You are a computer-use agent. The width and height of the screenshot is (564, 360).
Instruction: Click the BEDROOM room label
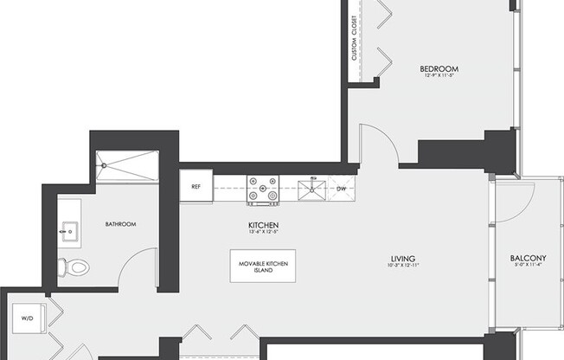point(439,68)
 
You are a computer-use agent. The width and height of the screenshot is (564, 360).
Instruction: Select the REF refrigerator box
point(196,185)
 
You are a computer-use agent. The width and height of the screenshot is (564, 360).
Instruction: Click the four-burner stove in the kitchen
point(262,190)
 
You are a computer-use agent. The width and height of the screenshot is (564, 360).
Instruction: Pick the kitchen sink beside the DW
point(311,190)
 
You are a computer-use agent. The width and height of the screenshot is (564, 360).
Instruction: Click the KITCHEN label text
point(262,225)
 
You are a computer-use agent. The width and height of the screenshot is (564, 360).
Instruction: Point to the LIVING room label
point(403,259)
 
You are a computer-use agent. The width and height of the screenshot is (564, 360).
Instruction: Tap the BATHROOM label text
point(120,224)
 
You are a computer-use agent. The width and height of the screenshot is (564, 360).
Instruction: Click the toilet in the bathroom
point(75,267)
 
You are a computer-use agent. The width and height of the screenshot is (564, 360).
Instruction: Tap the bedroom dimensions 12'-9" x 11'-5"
point(439,76)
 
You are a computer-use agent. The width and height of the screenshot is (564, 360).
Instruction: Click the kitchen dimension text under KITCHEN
point(262,233)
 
